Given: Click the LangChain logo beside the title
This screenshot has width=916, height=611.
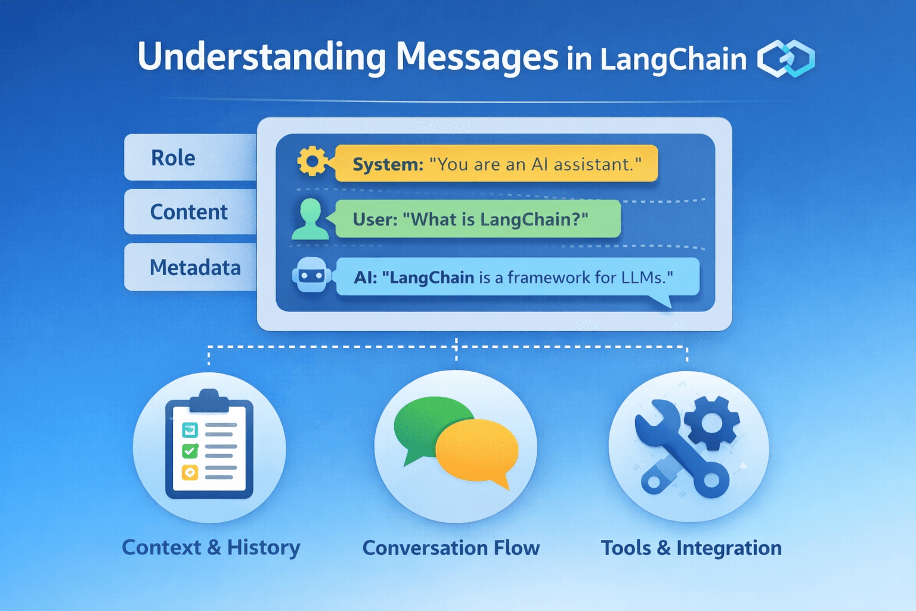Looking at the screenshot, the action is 786,58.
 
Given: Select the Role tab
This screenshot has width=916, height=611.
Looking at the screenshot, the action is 191,158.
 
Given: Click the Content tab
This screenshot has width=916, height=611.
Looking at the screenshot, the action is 191,212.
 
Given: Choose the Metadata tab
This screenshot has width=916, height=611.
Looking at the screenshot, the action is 191,267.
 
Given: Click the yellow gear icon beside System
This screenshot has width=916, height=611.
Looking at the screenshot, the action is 312,161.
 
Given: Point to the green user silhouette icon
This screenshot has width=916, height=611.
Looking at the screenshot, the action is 310,219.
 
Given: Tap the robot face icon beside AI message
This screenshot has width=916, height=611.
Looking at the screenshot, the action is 312,275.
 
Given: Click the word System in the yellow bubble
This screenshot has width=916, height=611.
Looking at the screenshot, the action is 388,165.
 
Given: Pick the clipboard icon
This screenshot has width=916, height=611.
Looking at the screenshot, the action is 209,444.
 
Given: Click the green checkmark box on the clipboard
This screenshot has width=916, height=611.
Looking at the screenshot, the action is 190,451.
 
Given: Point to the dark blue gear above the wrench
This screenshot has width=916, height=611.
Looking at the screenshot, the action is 711,423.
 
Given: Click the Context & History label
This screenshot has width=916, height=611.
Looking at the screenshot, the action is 211,548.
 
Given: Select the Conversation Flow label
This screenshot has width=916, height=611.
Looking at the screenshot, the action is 451,548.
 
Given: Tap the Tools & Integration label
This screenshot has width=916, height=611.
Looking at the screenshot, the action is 691,548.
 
